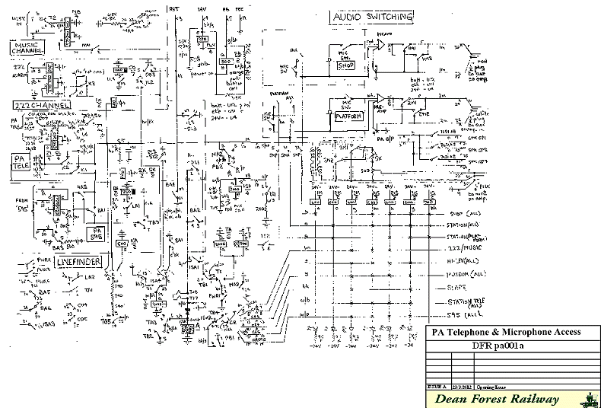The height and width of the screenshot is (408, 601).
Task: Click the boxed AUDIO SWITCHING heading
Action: [373, 16]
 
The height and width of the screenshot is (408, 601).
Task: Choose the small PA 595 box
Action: [97, 233]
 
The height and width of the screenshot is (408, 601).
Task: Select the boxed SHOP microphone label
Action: [347, 65]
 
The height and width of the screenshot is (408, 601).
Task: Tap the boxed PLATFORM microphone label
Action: [351, 116]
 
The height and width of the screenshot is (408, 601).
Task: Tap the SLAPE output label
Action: [458, 288]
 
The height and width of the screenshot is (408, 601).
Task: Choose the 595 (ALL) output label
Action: [466, 314]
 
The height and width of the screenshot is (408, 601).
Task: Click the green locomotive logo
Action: [589, 398]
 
